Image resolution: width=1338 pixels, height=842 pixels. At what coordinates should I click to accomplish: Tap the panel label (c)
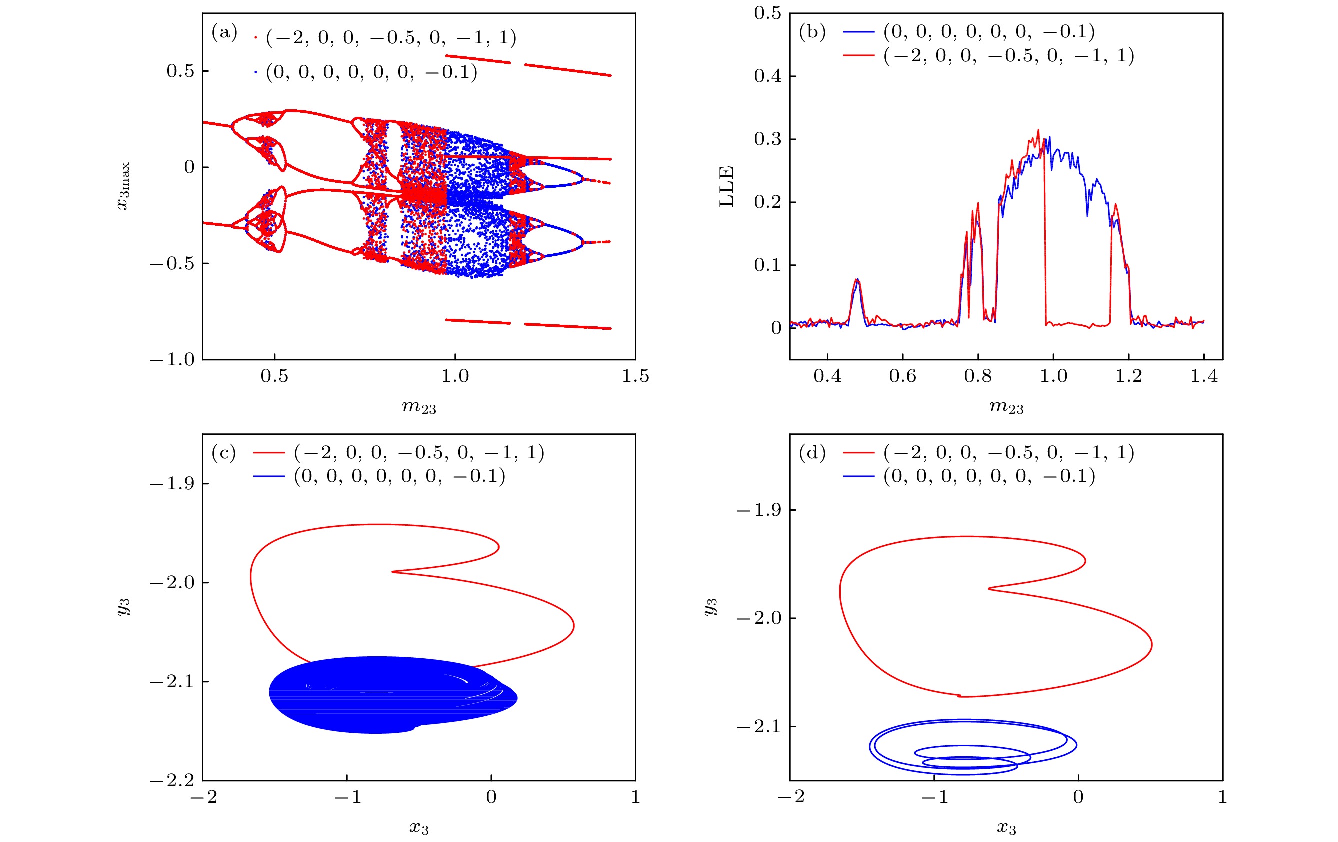[224, 453]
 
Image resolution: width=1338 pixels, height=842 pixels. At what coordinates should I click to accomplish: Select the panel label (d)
[812, 453]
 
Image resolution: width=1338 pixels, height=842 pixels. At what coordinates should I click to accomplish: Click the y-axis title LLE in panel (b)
[727, 186]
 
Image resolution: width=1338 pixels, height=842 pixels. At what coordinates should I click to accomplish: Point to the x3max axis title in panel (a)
[123, 186]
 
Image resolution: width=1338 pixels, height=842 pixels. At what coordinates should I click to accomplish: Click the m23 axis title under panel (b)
[1006, 407]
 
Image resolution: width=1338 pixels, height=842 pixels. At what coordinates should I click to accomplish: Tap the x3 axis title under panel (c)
[419, 828]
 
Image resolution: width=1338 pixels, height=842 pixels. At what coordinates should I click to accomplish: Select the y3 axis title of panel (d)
[710, 607]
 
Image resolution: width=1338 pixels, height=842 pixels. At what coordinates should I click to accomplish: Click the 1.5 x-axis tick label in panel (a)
[635, 377]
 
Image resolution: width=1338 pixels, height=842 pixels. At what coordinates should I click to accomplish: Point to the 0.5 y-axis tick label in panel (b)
[767, 13]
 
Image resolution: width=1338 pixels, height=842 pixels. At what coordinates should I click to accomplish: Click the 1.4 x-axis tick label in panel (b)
[1204, 377]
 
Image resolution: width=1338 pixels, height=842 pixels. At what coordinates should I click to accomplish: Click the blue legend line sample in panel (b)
[859, 32]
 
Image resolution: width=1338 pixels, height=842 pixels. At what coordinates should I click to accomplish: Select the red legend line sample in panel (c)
[269, 453]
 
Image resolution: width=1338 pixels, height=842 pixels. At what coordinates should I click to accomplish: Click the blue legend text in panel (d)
[989, 477]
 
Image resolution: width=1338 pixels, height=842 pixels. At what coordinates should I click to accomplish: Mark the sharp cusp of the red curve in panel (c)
[393, 572]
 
